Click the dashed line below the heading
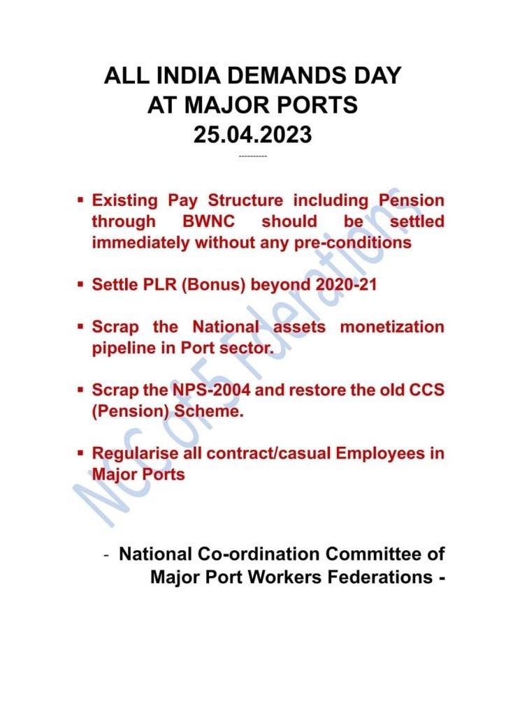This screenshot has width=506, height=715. (x=252, y=156)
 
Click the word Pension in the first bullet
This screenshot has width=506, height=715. (x=411, y=200)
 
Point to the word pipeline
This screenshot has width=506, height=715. (x=122, y=348)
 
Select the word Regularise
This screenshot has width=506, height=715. (x=134, y=453)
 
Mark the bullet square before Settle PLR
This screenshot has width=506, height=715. (x=81, y=285)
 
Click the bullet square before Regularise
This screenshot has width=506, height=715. (x=81, y=452)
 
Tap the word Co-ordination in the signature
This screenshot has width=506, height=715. (x=252, y=555)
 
